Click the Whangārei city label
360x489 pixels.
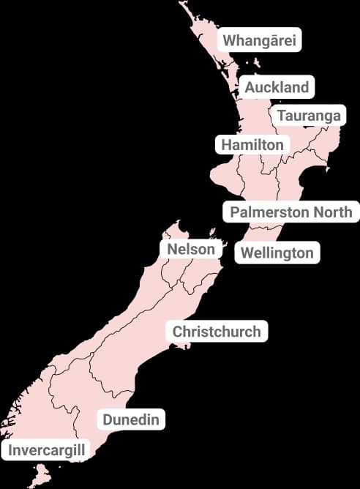(259, 40)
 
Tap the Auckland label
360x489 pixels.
(277, 87)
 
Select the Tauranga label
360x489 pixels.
(308, 116)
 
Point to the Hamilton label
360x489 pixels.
(252, 144)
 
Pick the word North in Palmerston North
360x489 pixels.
(334, 212)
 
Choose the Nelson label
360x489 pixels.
(192, 249)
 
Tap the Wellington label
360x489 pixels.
(277, 253)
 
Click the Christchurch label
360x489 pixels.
(216, 332)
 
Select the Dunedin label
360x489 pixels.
(131, 419)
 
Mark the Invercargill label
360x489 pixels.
(46, 449)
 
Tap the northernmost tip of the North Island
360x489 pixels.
(181, 4)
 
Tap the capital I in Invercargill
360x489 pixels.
(10, 449)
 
